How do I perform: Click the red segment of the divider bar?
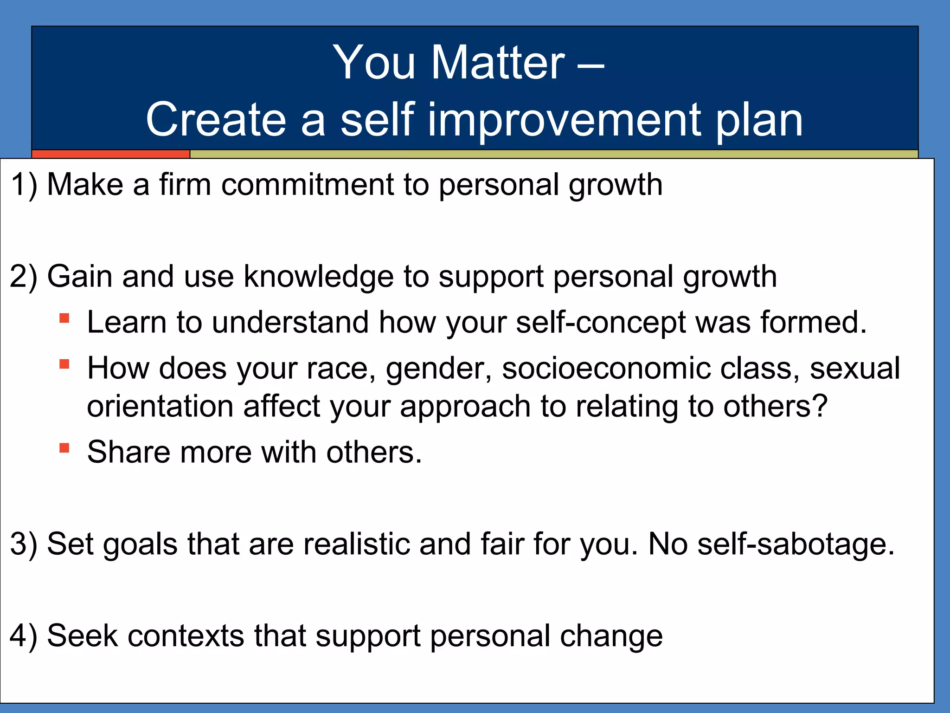(x=110, y=154)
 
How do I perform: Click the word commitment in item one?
(x=307, y=185)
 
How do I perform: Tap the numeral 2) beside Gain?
(x=24, y=277)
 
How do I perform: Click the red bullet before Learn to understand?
(x=64, y=318)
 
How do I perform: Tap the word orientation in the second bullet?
(x=160, y=406)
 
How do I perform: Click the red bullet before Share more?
(x=64, y=448)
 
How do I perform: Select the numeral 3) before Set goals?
(x=24, y=544)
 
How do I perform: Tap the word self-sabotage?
(x=795, y=544)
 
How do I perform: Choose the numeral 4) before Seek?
(x=24, y=635)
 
